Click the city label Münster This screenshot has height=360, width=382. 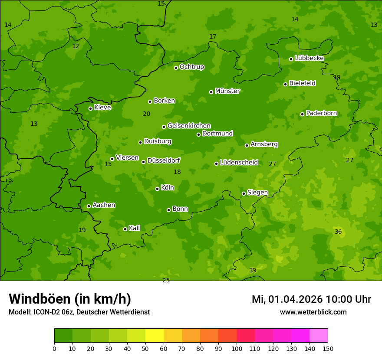coord(227,91)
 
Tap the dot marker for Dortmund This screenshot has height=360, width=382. coord(198,134)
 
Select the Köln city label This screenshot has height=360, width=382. coord(167,188)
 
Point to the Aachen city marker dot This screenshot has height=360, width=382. coord(89,206)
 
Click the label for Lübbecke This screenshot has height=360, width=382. coord(309,58)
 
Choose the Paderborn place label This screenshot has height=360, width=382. coord(321,113)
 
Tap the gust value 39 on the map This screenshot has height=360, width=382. coord(253,270)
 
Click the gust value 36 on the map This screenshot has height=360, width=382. coord(338,232)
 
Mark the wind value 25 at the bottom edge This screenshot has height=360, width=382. coord(166,280)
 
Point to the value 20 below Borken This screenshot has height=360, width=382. coord(146,114)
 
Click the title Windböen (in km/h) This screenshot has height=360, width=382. coord(70,299)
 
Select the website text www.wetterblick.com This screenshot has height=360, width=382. coord(313,312)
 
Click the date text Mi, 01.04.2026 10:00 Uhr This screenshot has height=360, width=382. coord(311,299)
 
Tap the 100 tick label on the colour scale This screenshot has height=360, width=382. coord(237,348)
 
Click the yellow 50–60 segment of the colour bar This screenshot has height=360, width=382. coord(155,336)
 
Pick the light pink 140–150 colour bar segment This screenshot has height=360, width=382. coord(319,336)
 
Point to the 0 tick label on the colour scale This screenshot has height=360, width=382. coord(54,348)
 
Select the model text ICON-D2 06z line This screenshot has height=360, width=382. coord(79,312)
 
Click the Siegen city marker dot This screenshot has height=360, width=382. coord(244,193)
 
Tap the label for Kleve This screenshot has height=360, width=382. coord(102,107)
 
